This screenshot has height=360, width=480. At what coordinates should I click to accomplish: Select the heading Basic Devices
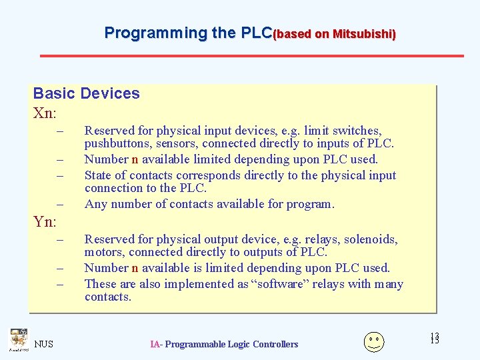86,93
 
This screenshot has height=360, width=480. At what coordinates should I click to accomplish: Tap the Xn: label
45,113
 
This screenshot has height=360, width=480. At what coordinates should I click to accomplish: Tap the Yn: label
45,221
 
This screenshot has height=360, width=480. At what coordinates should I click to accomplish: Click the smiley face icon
373,341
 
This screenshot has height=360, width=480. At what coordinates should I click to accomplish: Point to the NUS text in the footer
44,344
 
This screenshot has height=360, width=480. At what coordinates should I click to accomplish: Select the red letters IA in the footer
155,344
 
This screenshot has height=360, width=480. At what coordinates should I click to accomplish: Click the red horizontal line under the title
252,55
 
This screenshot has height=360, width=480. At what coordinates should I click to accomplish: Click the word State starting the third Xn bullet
97,175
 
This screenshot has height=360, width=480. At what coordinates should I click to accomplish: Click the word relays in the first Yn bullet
323,239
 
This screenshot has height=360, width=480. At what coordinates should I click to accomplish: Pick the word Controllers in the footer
271,344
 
